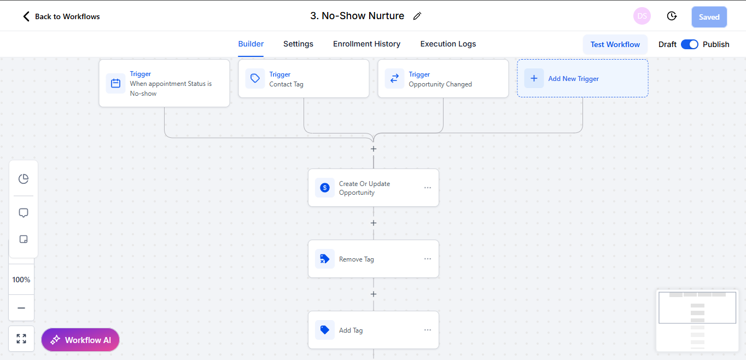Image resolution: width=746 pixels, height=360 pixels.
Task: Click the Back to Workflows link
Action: click(x=61, y=16)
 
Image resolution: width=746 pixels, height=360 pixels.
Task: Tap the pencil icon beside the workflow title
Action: click(x=417, y=16)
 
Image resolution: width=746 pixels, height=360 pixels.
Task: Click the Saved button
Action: click(x=709, y=17)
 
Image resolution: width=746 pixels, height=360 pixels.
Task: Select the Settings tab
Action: click(x=298, y=44)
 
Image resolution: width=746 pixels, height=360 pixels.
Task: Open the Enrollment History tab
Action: click(x=366, y=44)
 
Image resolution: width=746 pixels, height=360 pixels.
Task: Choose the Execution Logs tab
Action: click(x=448, y=44)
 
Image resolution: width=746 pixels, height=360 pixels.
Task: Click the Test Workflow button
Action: click(x=615, y=44)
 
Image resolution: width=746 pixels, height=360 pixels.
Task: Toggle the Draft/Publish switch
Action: click(x=689, y=44)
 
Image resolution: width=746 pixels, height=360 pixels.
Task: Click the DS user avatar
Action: click(x=642, y=16)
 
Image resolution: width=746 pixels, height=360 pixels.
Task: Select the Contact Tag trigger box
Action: click(x=304, y=79)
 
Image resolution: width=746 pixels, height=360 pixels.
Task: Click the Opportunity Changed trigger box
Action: click(x=443, y=79)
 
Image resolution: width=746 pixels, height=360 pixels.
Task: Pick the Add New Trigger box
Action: click(x=582, y=79)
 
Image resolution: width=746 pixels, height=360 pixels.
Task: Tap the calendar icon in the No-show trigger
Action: click(x=115, y=83)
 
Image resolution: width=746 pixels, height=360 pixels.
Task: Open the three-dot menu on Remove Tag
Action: click(x=428, y=259)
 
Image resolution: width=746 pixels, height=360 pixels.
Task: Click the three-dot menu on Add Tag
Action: click(x=428, y=330)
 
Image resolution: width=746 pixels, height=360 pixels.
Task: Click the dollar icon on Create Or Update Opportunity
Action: click(x=325, y=188)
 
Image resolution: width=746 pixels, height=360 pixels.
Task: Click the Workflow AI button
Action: click(x=80, y=340)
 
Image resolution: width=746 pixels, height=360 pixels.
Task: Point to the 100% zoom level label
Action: click(x=21, y=280)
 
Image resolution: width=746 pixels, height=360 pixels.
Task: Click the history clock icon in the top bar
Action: click(x=672, y=16)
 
